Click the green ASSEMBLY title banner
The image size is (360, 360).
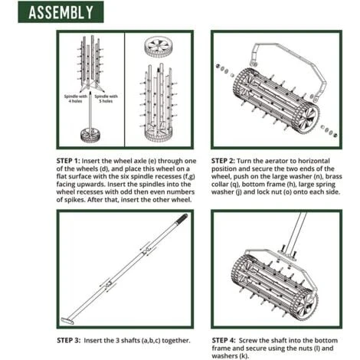tap(61, 12)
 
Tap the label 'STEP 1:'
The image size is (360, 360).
tap(68, 161)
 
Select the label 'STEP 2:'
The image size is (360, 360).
tap(223, 161)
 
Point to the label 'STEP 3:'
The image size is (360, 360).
tap(68, 340)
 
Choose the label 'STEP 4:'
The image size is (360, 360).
tap(224, 340)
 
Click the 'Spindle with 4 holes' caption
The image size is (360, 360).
tap(76, 99)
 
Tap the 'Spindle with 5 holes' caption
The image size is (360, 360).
tap(106, 99)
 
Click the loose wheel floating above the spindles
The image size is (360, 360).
tap(159, 48)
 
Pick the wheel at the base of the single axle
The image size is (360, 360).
tap(90, 135)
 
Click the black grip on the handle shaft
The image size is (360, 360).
tap(182, 219)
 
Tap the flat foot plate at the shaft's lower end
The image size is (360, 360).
tap(67, 321)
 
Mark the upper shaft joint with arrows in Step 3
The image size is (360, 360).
tap(147, 250)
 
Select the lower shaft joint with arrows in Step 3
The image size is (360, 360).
tap(109, 284)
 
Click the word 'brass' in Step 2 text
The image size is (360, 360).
tap(333, 176)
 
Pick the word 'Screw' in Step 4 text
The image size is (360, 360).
tap(248, 340)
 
